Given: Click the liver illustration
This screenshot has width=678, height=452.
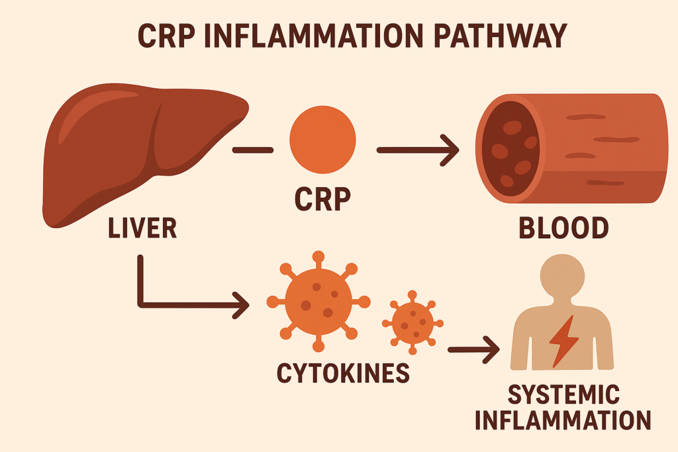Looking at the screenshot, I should (x=132, y=152).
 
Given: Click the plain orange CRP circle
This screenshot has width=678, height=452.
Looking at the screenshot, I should (x=322, y=140).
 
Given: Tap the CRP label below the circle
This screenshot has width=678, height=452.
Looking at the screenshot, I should (x=322, y=199).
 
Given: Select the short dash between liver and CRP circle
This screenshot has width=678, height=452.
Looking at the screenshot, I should (x=253, y=150).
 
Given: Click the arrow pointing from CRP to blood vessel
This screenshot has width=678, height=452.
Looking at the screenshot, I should (x=417, y=150).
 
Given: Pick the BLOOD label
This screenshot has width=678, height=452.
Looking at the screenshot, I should (x=563, y=228).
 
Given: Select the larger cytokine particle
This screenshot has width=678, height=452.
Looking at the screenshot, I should (x=318, y=301).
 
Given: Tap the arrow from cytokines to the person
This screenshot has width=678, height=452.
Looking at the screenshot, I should (x=473, y=349).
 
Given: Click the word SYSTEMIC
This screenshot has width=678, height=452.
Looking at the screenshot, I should (x=564, y=396).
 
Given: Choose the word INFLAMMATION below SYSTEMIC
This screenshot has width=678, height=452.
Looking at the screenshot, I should (x=564, y=422).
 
